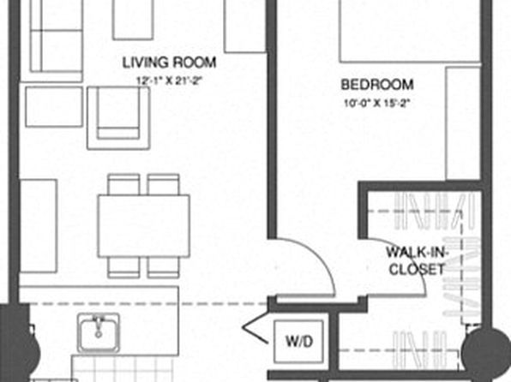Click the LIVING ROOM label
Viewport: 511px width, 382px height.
point(169,63)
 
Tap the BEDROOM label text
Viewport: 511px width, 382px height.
point(377,85)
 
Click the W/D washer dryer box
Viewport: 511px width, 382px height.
point(299,341)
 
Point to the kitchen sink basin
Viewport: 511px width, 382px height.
point(99,333)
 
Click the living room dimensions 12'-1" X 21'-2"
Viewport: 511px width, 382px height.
point(170,81)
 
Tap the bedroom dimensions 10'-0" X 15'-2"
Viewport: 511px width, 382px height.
point(376,104)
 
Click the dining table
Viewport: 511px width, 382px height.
point(144,226)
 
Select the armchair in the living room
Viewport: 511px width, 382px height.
point(118,118)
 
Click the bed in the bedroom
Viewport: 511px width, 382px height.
point(410,31)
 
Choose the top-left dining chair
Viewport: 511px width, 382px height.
point(123,184)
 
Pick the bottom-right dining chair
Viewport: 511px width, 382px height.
point(163,268)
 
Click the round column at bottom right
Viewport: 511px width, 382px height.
point(485,354)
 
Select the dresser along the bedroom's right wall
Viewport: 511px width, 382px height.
point(463,123)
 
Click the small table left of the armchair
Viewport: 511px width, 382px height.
point(54,106)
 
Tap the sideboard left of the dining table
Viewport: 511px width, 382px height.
point(39,225)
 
